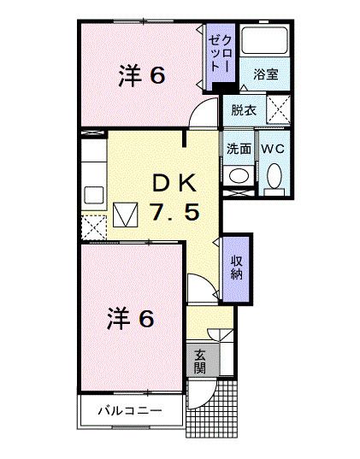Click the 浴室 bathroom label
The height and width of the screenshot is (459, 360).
(x=265, y=75)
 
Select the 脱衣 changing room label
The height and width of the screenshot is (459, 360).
(x=244, y=109)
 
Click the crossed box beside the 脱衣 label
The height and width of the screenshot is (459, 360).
(x=279, y=109)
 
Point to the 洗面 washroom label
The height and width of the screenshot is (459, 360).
(x=239, y=147)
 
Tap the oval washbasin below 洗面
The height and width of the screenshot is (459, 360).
(x=239, y=175)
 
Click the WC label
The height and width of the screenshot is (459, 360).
(x=274, y=147)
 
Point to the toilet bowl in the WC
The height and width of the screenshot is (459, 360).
(x=274, y=177)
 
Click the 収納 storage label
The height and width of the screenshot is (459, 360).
(x=237, y=267)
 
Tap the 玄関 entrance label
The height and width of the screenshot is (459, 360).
(x=199, y=361)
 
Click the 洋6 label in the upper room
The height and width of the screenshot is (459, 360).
(x=141, y=75)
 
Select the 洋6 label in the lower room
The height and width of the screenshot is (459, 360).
(x=130, y=318)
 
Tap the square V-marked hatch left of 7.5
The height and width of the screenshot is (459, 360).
(x=125, y=214)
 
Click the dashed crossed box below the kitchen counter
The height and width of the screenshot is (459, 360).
(x=91, y=225)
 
